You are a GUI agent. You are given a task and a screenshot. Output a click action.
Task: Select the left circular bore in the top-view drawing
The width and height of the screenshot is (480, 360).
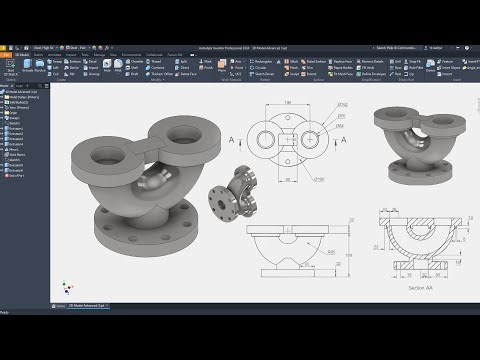[x=261, y=141]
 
